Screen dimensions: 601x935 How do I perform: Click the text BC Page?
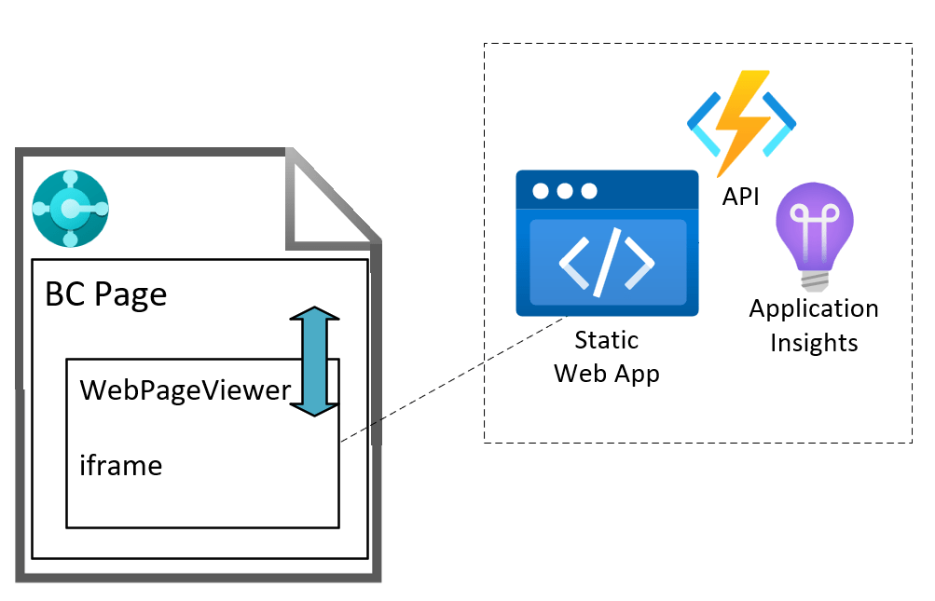(x=106, y=294)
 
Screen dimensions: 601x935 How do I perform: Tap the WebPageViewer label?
(x=186, y=389)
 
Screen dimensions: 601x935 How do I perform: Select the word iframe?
(x=121, y=464)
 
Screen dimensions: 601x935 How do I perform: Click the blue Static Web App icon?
(x=607, y=243)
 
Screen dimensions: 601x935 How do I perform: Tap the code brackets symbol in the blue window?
(x=607, y=262)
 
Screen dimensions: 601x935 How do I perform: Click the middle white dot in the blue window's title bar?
(x=565, y=191)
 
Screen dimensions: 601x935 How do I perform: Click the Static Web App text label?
(x=607, y=356)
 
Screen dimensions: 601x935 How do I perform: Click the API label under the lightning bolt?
(x=741, y=197)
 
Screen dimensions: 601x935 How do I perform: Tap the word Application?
(x=814, y=308)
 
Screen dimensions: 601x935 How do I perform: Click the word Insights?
(x=814, y=342)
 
